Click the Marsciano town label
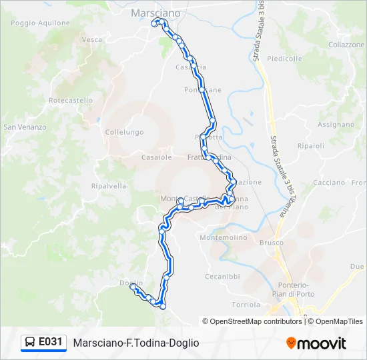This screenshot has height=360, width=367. pyautogui.click(x=155, y=13)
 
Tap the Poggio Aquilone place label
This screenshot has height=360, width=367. pyautogui.click(x=41, y=23)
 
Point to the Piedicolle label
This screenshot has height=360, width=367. pyautogui.click(x=285, y=59)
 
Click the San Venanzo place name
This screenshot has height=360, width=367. pyautogui.click(x=25, y=127)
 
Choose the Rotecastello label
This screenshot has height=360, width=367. pyautogui.click(x=71, y=100)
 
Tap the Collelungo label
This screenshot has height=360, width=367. pyautogui.click(x=124, y=132)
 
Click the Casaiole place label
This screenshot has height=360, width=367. pyautogui.click(x=157, y=157)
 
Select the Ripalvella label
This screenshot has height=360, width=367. pyautogui.click(x=109, y=186)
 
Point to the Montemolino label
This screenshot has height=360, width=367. pyautogui.click(x=224, y=237)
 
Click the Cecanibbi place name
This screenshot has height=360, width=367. pyautogui.click(x=222, y=276)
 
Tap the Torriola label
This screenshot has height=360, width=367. pyautogui.click(x=246, y=304)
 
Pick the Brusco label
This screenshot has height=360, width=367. pyautogui.click(x=272, y=243)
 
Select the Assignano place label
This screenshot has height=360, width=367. pyautogui.click(x=336, y=125)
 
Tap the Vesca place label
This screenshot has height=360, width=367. pyautogui.click(x=92, y=39)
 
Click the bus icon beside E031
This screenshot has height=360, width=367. pyautogui.click(x=30, y=342)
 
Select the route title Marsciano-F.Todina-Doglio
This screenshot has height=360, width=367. pyautogui.click(x=136, y=343)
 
